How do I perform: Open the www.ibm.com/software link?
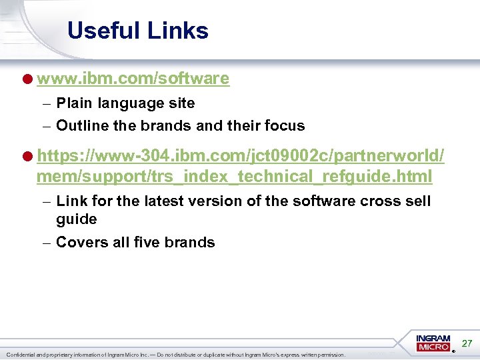pyautogui.click(x=133, y=79)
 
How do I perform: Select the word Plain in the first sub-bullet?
pyautogui.click(x=75, y=103)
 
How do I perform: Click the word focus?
pyautogui.click(x=285, y=125)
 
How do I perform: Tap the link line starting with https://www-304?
pyautogui.click(x=241, y=157)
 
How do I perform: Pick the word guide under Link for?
pyautogui.click(x=77, y=219)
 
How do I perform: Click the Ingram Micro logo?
pyautogui.click(x=434, y=343)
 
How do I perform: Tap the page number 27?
pyautogui.click(x=467, y=343)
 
